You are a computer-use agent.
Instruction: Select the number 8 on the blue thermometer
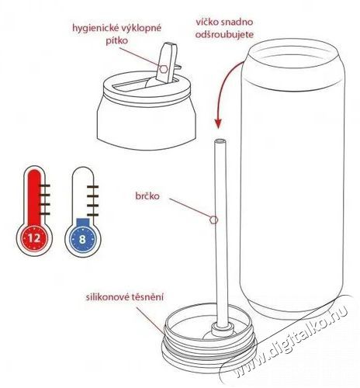coord(83,237)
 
